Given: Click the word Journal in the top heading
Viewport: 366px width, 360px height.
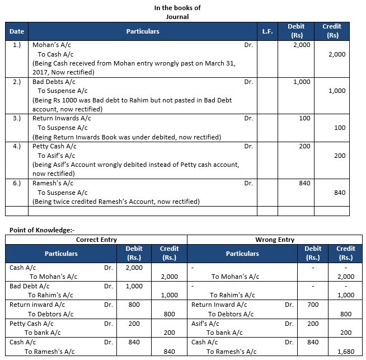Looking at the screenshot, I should [x=178, y=16].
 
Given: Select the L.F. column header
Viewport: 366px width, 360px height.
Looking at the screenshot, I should [x=267, y=31].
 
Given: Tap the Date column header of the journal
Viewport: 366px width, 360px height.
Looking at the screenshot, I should [x=17, y=31].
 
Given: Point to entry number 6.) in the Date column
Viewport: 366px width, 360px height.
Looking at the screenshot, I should [x=17, y=183].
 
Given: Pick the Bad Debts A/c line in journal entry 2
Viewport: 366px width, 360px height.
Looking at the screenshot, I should [x=54, y=82].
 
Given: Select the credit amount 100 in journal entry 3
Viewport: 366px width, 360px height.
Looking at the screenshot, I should [x=339, y=128].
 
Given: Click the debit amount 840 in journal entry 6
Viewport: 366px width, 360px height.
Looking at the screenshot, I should [x=304, y=183].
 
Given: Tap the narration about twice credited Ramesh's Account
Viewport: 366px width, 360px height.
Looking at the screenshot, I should [x=116, y=202].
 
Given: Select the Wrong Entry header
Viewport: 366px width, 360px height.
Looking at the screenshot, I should [x=274, y=240].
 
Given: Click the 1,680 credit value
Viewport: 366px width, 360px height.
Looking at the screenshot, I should [x=345, y=352].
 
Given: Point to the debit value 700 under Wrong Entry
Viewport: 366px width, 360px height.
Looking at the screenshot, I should [x=313, y=305].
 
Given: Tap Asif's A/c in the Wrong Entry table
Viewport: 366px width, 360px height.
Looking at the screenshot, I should [x=204, y=324].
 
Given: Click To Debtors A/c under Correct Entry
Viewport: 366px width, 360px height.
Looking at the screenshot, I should [x=51, y=314].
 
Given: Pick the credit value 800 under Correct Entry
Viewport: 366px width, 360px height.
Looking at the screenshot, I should [x=169, y=314].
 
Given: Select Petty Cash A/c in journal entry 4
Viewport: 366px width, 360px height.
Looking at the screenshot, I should [x=54, y=146].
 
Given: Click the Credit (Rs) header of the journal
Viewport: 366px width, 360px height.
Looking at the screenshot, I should [x=331, y=31].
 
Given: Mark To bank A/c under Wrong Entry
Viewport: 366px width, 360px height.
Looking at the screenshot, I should [x=224, y=333].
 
